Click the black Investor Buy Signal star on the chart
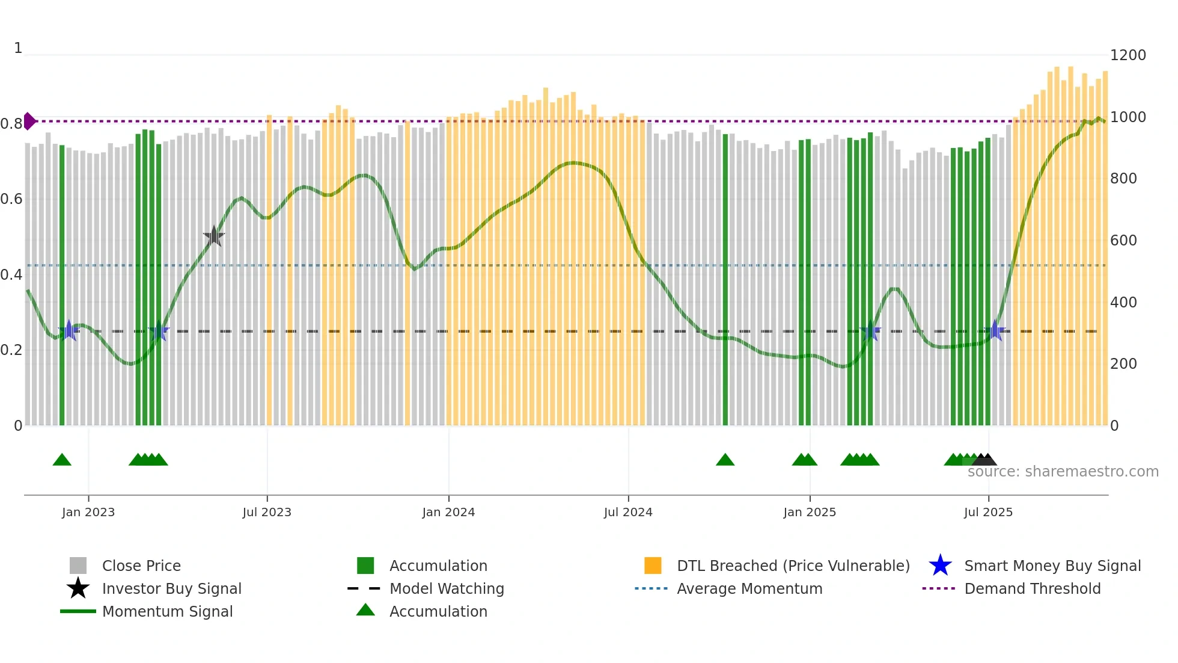(x=213, y=236)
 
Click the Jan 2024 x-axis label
(x=448, y=512)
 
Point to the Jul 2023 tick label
(x=267, y=512)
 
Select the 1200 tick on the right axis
(x=1128, y=55)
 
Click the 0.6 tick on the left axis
(x=11, y=199)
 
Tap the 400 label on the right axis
(x=1123, y=303)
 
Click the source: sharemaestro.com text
(x=1063, y=472)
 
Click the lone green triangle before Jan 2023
(x=62, y=460)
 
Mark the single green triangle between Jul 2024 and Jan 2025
(x=725, y=460)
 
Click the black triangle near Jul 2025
(x=986, y=460)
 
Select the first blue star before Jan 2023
(x=69, y=330)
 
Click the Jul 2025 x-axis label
(x=988, y=512)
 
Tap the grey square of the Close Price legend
(x=78, y=566)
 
